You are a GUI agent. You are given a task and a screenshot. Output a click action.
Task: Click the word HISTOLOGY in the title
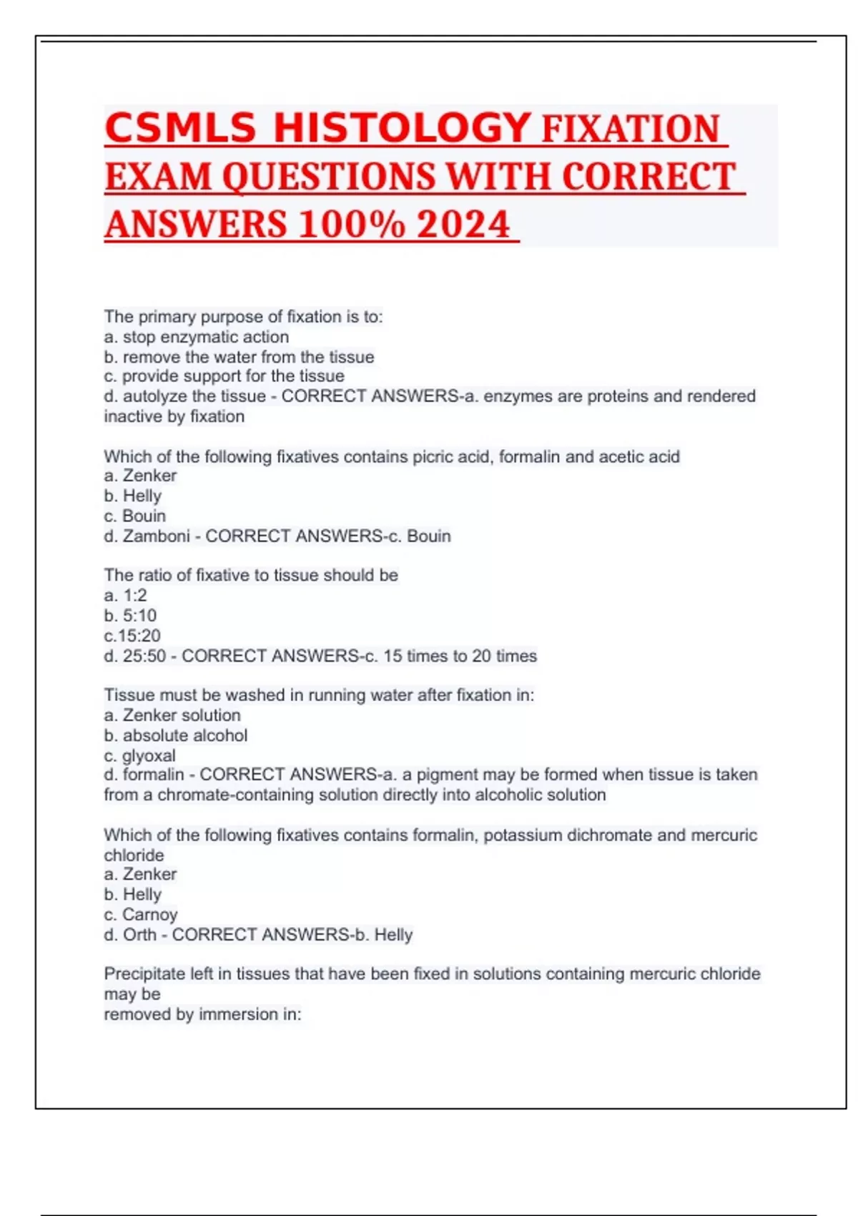(x=402, y=128)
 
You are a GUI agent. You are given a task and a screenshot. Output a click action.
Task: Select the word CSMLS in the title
(x=180, y=128)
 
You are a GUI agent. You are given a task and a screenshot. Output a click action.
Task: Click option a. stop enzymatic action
(x=197, y=337)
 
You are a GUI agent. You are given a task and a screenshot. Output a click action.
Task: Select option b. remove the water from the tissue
(x=239, y=357)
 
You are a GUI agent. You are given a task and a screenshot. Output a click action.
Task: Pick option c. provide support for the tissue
(x=224, y=376)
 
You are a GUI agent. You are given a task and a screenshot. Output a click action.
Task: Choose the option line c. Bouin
(x=135, y=516)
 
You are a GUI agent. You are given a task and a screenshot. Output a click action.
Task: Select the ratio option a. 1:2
(x=125, y=595)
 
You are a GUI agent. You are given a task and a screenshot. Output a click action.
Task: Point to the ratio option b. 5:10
(x=130, y=615)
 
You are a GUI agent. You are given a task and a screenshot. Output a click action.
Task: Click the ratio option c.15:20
(x=132, y=635)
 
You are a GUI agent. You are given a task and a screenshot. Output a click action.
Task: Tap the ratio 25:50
(x=144, y=656)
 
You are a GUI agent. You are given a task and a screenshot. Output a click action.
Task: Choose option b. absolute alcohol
(x=176, y=735)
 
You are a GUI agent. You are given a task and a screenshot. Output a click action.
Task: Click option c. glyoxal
(x=139, y=755)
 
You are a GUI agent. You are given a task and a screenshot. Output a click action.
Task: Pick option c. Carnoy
(x=141, y=914)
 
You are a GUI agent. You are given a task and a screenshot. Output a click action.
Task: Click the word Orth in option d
(x=139, y=935)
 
